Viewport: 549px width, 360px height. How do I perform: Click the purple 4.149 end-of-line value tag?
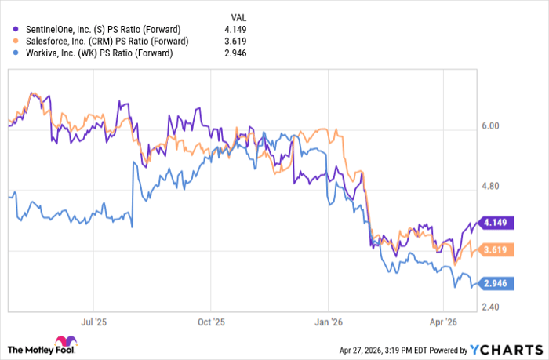495,223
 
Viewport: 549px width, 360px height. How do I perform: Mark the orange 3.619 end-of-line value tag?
495,249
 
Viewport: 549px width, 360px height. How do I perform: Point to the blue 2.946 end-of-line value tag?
495,284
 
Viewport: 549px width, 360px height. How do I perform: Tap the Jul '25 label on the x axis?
93,321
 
